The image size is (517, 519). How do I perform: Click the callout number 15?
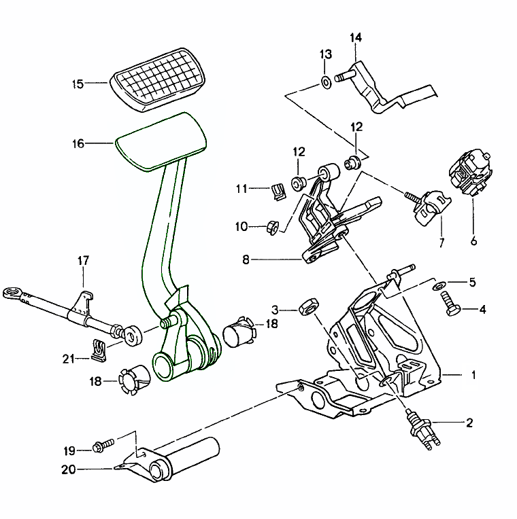(78, 84)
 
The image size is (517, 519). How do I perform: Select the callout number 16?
(78, 143)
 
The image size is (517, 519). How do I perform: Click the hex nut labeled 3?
(307, 307)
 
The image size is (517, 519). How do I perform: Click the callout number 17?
(83, 260)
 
